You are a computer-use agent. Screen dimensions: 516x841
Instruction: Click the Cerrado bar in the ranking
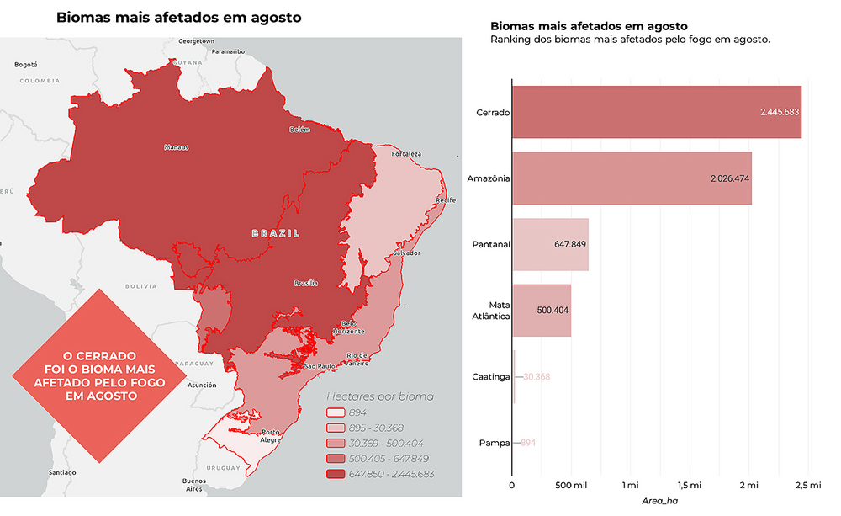[x=656, y=112]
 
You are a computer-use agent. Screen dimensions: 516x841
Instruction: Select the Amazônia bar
[x=631, y=178]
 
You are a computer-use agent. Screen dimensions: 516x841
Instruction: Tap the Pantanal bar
[x=550, y=244]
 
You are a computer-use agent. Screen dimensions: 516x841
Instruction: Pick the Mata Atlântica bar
[x=541, y=310]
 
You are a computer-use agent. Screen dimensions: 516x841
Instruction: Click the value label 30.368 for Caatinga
[x=536, y=376]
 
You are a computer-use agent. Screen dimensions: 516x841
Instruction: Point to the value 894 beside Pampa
[x=528, y=442]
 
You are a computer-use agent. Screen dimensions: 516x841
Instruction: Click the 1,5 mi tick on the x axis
[x=689, y=486]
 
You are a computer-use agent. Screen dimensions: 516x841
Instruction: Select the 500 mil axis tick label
[x=572, y=486]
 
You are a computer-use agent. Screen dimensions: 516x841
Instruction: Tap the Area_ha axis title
[x=659, y=503]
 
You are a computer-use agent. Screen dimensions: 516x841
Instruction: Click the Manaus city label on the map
[x=177, y=147]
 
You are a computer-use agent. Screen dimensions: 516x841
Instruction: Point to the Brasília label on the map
[x=306, y=284]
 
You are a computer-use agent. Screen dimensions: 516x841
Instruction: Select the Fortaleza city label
[x=405, y=154]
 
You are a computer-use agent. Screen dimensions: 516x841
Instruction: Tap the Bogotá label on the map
[x=26, y=64]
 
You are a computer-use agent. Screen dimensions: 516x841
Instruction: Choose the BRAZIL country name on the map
[x=275, y=233]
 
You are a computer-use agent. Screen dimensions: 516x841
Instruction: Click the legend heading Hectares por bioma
[x=379, y=396]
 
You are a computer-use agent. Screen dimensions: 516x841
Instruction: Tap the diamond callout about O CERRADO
[x=100, y=375]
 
